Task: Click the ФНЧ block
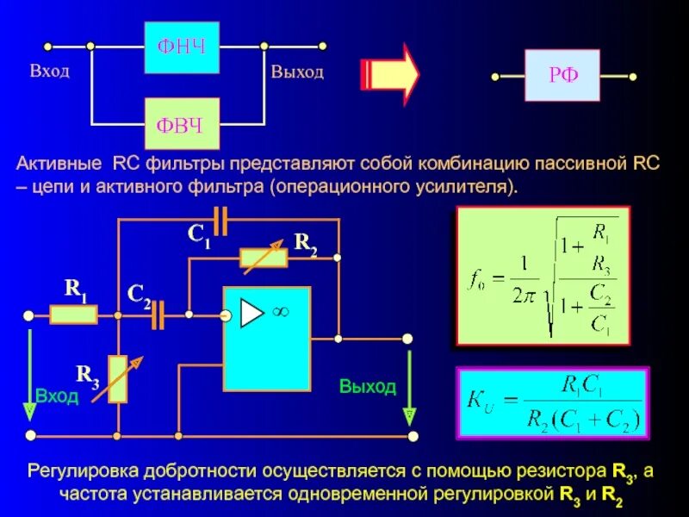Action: (181, 46)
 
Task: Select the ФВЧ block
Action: (181, 125)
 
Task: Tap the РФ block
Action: (562, 76)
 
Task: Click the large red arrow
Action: (388, 74)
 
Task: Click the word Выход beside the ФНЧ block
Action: (297, 72)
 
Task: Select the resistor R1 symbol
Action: (73, 315)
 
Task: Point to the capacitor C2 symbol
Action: (157, 316)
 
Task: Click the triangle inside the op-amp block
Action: (251, 315)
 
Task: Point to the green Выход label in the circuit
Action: (367, 387)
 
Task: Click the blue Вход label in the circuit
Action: (57, 396)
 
